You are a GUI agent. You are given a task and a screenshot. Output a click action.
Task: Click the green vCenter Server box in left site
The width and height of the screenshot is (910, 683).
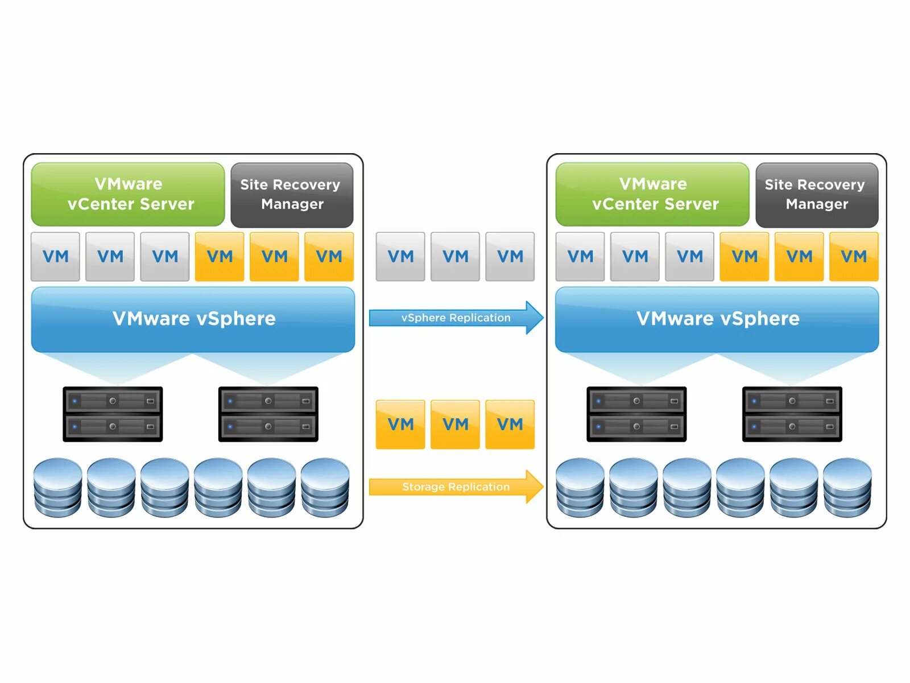tap(128, 194)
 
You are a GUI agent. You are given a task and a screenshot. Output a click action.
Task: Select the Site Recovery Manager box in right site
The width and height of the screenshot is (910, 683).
tap(816, 195)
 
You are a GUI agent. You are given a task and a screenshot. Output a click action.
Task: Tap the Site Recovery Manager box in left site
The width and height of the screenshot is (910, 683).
tap(292, 195)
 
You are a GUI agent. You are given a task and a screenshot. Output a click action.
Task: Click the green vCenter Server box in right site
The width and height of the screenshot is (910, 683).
tap(652, 194)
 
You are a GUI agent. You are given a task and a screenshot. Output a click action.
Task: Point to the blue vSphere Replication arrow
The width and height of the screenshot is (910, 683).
tap(455, 318)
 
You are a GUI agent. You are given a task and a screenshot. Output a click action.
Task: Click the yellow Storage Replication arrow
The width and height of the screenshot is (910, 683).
tap(455, 487)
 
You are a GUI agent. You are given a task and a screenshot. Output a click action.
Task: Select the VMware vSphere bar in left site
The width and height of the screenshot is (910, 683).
tap(193, 319)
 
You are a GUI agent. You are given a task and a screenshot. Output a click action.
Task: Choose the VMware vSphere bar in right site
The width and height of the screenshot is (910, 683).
tap(717, 319)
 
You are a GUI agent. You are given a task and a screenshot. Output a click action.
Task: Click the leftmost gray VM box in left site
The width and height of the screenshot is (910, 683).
tap(55, 257)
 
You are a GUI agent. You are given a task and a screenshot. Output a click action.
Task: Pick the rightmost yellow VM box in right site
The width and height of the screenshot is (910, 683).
tap(853, 257)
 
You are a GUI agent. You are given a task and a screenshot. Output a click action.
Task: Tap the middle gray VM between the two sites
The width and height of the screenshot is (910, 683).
tap(455, 257)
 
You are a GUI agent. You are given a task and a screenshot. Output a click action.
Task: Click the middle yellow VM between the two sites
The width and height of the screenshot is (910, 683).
tap(455, 425)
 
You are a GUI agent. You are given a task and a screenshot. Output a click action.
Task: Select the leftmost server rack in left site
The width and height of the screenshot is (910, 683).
tap(113, 414)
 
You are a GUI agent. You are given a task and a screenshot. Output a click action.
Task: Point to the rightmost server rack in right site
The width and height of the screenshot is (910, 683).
tap(792, 414)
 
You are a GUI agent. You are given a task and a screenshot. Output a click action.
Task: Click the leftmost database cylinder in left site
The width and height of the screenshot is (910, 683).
tap(57, 487)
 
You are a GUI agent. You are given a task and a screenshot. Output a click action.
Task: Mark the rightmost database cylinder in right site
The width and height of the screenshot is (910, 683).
tap(847, 487)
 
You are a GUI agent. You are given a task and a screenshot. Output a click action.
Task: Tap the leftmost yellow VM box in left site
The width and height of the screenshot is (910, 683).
tap(220, 257)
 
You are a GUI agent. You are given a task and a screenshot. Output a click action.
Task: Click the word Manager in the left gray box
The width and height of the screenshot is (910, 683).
tap(292, 204)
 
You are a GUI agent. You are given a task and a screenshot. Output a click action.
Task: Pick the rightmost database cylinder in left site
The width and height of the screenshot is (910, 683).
tap(325, 487)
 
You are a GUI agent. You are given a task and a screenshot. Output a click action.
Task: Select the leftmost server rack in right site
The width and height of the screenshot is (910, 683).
tap(636, 414)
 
